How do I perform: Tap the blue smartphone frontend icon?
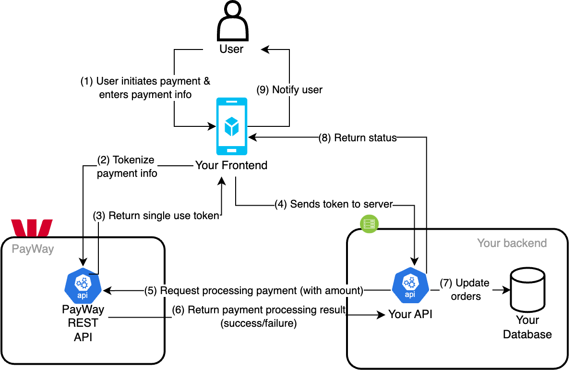[231, 126]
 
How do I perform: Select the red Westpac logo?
[32, 228]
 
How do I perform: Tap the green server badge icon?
[370, 222]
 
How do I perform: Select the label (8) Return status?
[358, 138]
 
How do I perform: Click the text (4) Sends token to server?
[334, 204]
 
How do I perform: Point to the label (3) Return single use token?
[156, 216]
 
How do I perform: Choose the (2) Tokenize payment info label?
[127, 167]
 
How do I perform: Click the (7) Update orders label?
[465, 290]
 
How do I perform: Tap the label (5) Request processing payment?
[254, 290]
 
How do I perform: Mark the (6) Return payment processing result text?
[259, 317]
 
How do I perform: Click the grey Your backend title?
[512, 243]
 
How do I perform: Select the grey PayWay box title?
[33, 249]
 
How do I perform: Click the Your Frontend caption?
[231, 166]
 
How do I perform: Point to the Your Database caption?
[527, 327]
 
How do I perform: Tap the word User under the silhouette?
[231, 49]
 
